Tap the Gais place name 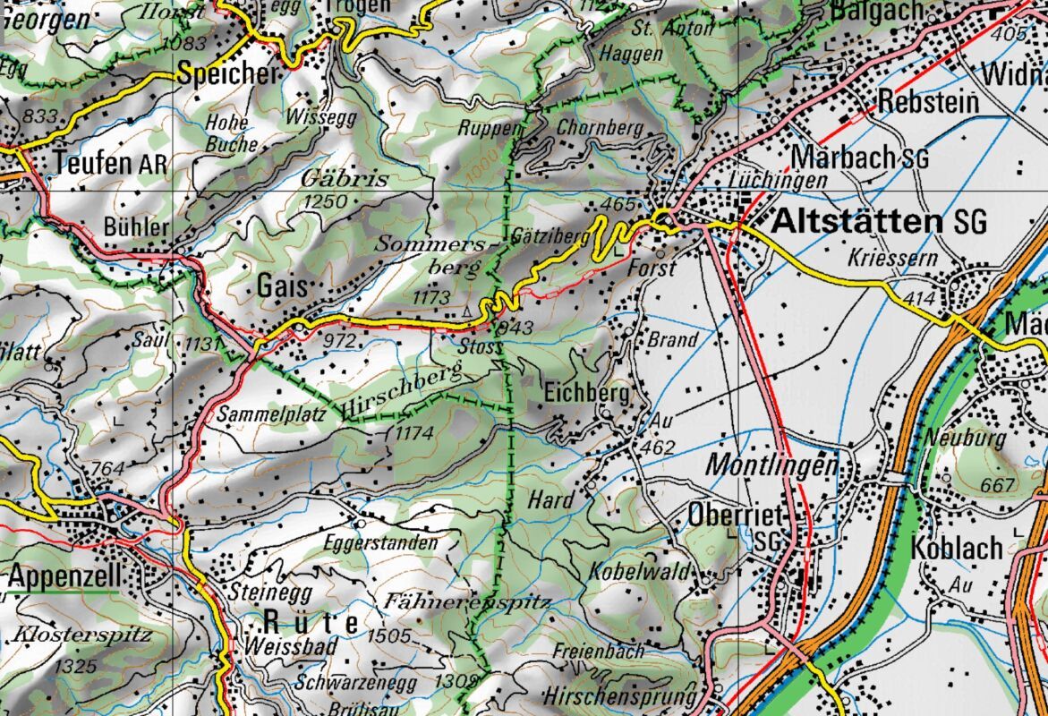point(282,286)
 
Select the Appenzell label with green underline point(64,577)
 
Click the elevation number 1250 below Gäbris point(325,202)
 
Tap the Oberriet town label point(737,516)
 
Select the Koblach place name point(958,548)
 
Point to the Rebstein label point(928,101)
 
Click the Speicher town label point(228,74)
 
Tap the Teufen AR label point(110,164)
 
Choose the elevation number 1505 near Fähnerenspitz point(388,636)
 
